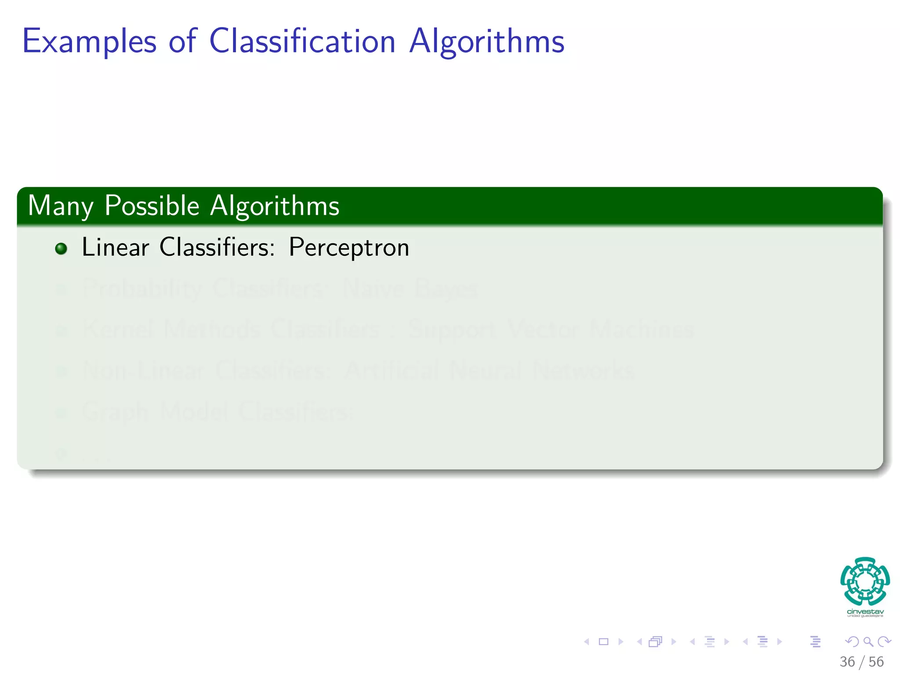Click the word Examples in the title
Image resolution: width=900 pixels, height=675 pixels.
click(x=89, y=41)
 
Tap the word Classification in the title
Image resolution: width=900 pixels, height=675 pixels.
click(x=302, y=41)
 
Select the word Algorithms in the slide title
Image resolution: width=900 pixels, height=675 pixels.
click(x=486, y=41)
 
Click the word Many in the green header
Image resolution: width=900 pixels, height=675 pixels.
click(x=61, y=206)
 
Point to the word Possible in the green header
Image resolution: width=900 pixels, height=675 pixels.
click(x=152, y=206)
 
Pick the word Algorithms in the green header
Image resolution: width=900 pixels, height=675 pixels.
click(x=275, y=206)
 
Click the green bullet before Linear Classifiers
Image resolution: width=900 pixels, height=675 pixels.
click(x=61, y=249)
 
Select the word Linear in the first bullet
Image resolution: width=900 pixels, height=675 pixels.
click(x=115, y=247)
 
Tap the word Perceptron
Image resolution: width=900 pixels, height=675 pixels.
click(x=349, y=248)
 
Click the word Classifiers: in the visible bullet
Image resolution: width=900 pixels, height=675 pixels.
click(x=217, y=247)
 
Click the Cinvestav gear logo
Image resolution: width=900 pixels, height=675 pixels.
click(x=865, y=581)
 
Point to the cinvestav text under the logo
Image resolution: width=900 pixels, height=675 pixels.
click(x=865, y=611)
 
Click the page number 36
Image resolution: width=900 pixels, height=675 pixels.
click(x=847, y=662)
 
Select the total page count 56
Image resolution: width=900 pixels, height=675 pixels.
click(x=876, y=662)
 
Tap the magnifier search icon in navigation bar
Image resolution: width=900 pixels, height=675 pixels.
click(x=868, y=642)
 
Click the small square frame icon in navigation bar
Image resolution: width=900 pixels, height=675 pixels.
click(x=604, y=642)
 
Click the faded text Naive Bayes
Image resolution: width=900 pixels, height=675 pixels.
click(x=410, y=289)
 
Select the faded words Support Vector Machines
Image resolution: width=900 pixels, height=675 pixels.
click(x=551, y=330)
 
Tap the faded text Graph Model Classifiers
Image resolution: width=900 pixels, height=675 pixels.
click(x=217, y=412)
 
